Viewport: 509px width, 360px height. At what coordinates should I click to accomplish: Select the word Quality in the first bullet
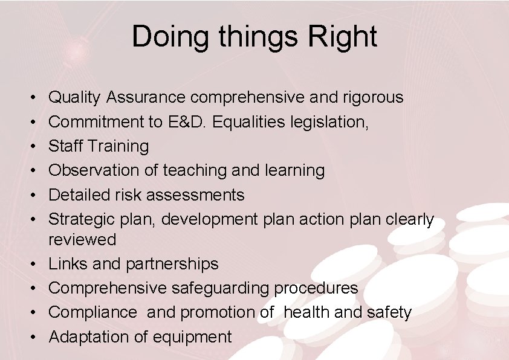pos(75,97)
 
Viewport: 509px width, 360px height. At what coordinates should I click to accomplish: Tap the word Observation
pos(94,170)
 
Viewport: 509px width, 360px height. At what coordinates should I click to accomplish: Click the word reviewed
pos(82,240)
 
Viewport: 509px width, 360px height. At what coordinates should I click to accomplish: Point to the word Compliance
pos(92,312)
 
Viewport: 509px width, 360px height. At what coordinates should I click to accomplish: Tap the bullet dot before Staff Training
pos(30,147)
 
